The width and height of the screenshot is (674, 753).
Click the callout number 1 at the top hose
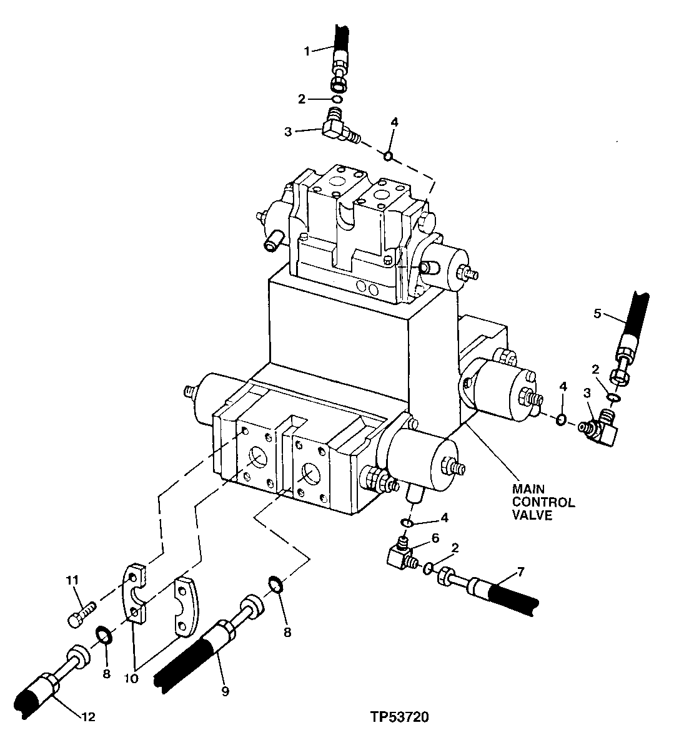point(307,51)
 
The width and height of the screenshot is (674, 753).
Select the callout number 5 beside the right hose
point(597,313)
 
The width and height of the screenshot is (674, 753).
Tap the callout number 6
point(435,537)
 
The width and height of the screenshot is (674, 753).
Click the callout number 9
point(225,691)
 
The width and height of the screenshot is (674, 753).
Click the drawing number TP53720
point(399,717)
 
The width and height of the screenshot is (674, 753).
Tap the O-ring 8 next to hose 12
point(104,637)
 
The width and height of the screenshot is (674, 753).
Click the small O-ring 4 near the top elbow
point(388,155)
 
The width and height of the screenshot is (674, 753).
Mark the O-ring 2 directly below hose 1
point(336,99)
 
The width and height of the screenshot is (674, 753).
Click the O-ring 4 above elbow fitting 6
point(406,522)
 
